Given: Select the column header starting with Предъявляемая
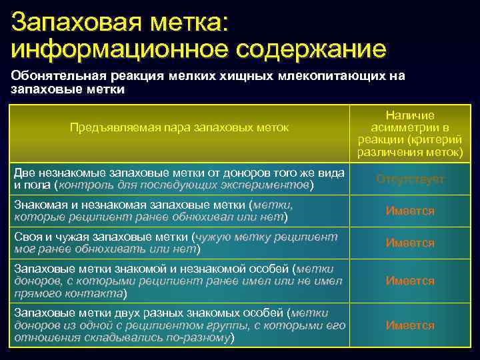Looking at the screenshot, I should pos(179,127).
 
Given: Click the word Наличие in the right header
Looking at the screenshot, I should pos(409,115).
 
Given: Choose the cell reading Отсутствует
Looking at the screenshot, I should pos(409,179).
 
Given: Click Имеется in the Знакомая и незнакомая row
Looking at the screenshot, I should pos(409,211).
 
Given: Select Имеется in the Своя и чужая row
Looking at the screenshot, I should pos(409,243).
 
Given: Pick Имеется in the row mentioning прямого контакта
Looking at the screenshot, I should pos(409,281).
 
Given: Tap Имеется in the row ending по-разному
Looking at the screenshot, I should pos(409,325).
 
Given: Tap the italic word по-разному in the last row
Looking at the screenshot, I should pos(198,337).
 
